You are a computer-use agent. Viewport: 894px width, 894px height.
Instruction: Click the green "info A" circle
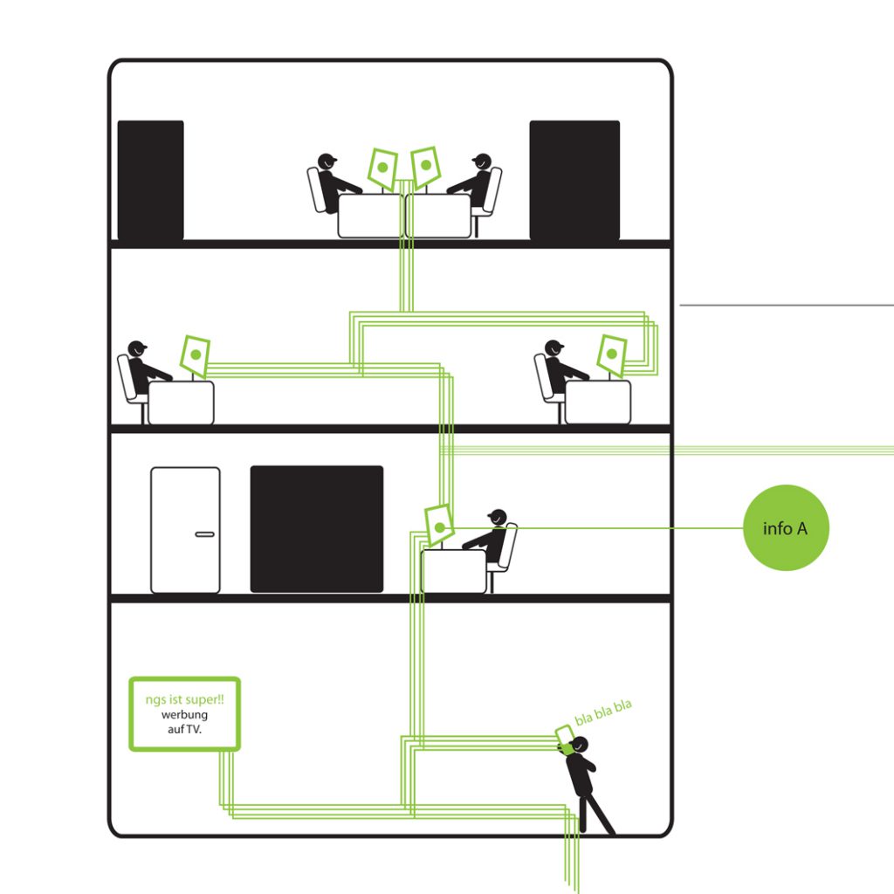(786, 527)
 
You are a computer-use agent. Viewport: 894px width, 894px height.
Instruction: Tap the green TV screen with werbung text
(185, 714)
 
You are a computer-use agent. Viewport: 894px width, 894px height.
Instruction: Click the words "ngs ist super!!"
(185, 699)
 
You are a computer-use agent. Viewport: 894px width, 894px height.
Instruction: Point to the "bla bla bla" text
(603, 712)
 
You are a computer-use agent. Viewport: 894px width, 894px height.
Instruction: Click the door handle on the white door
(204, 534)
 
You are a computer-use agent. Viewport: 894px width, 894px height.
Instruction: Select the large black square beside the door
(317, 529)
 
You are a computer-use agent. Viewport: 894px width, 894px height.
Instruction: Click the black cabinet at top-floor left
(150, 180)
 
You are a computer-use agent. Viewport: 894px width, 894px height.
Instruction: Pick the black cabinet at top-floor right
(574, 180)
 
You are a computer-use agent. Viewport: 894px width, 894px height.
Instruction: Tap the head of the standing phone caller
(580, 745)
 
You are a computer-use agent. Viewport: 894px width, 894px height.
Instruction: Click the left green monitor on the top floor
(382, 168)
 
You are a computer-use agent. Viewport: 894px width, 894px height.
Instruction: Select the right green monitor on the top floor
(425, 167)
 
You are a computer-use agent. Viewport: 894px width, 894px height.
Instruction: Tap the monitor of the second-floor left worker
(195, 355)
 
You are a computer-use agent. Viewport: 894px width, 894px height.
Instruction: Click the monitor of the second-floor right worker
(612, 355)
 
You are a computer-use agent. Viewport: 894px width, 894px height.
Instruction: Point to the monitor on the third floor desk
(440, 526)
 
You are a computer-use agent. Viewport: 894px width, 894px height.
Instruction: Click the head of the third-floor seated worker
(498, 517)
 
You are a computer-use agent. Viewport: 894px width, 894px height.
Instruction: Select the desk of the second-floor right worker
(598, 402)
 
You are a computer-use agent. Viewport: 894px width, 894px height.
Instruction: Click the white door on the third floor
(185, 530)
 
